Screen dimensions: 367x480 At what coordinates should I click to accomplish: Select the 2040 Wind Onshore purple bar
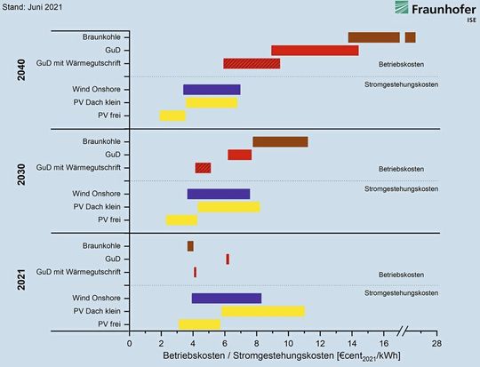212,89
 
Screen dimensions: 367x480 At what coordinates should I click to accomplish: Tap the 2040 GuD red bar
315,50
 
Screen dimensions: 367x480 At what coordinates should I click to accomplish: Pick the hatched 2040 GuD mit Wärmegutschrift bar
252,63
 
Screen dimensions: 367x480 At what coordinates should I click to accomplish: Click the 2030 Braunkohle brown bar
280,141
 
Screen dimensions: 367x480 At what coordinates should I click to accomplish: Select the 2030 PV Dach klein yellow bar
228,206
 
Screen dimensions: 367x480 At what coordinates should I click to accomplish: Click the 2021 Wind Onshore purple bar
227,298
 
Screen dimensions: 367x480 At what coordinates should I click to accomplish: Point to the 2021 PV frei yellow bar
199,323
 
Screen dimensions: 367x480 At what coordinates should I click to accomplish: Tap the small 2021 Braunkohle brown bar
190,246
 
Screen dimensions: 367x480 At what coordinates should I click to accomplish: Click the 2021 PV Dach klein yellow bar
263,311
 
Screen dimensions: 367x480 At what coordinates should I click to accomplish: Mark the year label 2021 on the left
20,284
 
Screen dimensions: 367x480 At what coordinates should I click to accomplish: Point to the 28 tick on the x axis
436,343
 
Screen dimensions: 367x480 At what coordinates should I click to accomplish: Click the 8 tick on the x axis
256,343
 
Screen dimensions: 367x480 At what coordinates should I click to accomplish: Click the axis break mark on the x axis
403,332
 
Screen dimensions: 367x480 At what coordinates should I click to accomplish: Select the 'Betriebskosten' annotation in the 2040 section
401,64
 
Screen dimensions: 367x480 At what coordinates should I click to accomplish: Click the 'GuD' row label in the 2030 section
112,155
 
